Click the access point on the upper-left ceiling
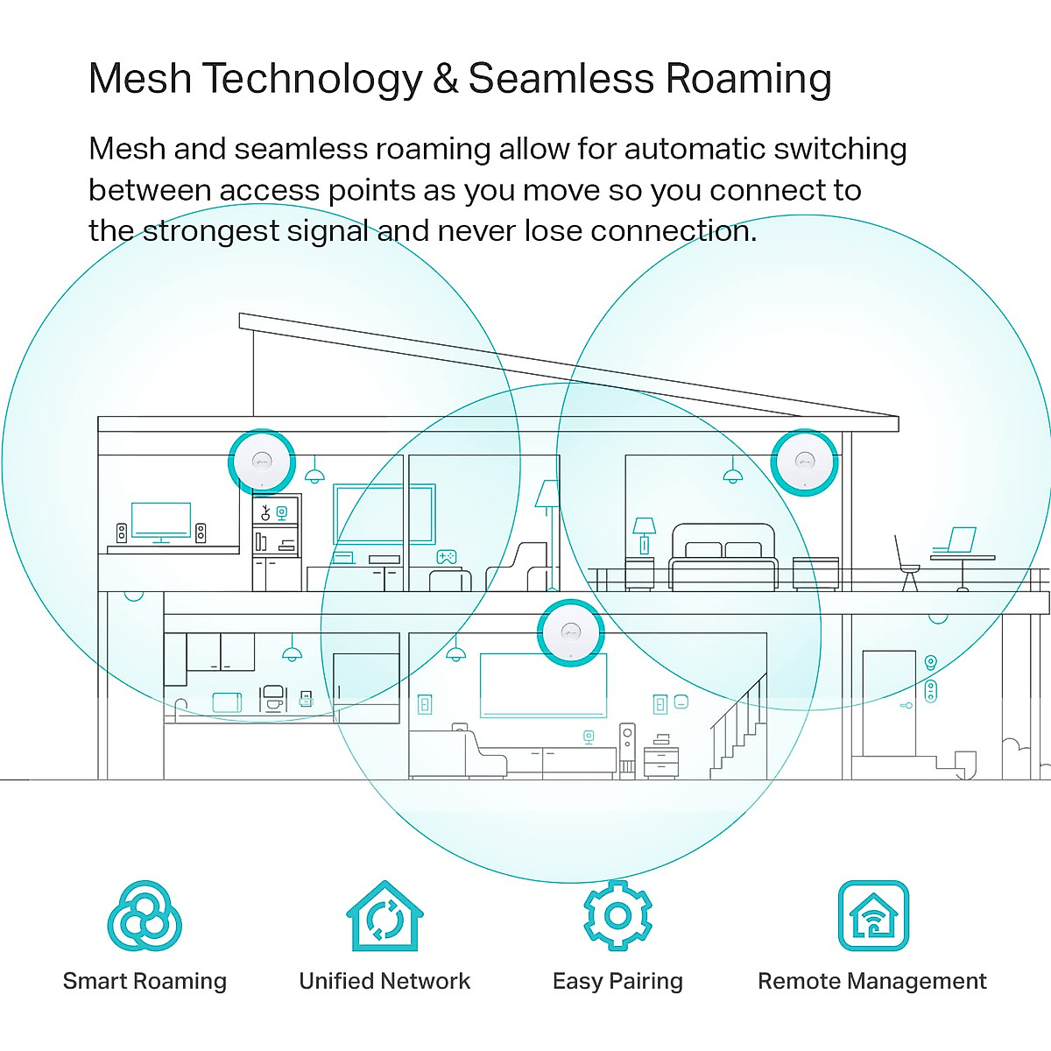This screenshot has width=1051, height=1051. (x=261, y=462)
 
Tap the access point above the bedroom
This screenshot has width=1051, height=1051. (x=804, y=462)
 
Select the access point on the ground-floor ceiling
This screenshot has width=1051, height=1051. (x=570, y=632)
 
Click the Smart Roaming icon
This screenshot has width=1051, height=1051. (x=145, y=917)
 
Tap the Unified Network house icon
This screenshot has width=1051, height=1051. (x=384, y=917)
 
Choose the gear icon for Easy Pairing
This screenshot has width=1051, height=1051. (x=617, y=916)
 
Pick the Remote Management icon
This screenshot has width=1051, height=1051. (x=873, y=916)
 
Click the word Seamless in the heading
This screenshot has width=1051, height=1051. (x=561, y=79)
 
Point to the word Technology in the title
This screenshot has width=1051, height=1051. (x=313, y=79)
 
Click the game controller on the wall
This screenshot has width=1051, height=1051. (x=447, y=556)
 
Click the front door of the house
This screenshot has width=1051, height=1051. (x=888, y=702)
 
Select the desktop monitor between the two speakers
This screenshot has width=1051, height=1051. (x=160, y=521)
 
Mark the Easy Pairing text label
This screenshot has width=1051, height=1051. (x=617, y=981)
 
